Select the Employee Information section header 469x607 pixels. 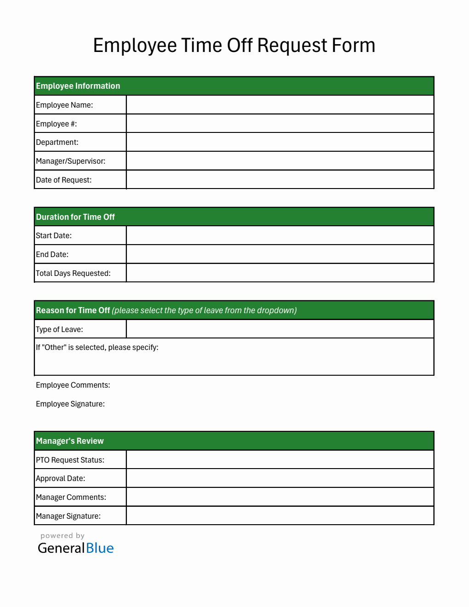tap(78, 86)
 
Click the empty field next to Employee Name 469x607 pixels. tap(280, 105)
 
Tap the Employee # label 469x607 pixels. tap(57, 124)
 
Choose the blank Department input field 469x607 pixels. tap(280, 142)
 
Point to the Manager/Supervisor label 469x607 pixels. tap(71, 161)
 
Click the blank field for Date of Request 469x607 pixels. tap(280, 179)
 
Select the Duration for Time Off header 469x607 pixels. tap(75, 217)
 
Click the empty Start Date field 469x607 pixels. tap(280, 235)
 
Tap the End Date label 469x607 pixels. tap(52, 254)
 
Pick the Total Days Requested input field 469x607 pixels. tap(280, 273)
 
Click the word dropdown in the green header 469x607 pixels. tap(276, 310)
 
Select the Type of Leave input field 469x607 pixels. tap(280, 329)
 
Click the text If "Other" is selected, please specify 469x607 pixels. tap(97, 348)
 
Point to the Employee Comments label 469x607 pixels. tap(73, 385)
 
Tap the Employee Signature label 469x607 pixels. tap(70, 404)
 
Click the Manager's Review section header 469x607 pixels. tap(70, 441)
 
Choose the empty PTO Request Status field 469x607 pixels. tap(280, 460)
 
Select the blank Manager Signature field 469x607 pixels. tap(280, 515)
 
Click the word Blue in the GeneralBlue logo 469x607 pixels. tap(100, 548)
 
